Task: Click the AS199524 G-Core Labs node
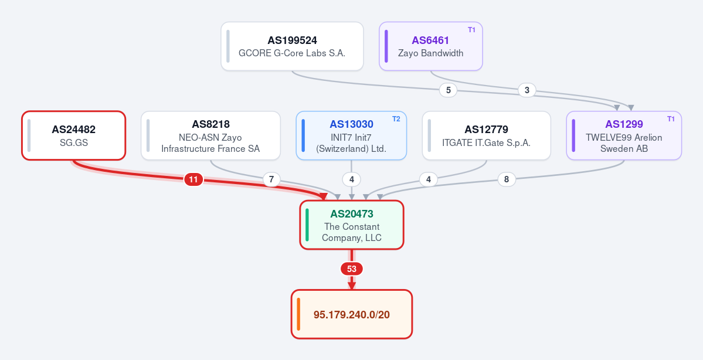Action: click(x=292, y=46)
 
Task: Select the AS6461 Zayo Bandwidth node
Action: click(x=431, y=46)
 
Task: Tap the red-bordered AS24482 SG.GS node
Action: click(x=73, y=135)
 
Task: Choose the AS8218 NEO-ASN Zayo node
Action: click(x=210, y=135)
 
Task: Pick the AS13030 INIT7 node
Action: click(x=352, y=135)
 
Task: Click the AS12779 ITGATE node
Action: click(x=487, y=135)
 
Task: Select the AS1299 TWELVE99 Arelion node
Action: click(x=624, y=135)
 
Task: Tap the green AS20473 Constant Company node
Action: click(x=352, y=225)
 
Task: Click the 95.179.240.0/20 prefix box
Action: click(x=352, y=314)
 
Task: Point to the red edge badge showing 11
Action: click(x=193, y=180)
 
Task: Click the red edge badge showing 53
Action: click(x=352, y=269)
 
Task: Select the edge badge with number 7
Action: click(x=271, y=180)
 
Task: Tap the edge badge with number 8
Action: click(x=507, y=179)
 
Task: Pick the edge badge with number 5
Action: click(x=449, y=90)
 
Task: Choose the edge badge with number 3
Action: click(x=527, y=90)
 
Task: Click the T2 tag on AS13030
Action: click(x=396, y=119)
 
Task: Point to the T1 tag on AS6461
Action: click(x=471, y=29)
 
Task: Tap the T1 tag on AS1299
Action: click(x=671, y=119)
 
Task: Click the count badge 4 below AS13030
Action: click(x=352, y=180)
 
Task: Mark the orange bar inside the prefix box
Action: click(x=298, y=314)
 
